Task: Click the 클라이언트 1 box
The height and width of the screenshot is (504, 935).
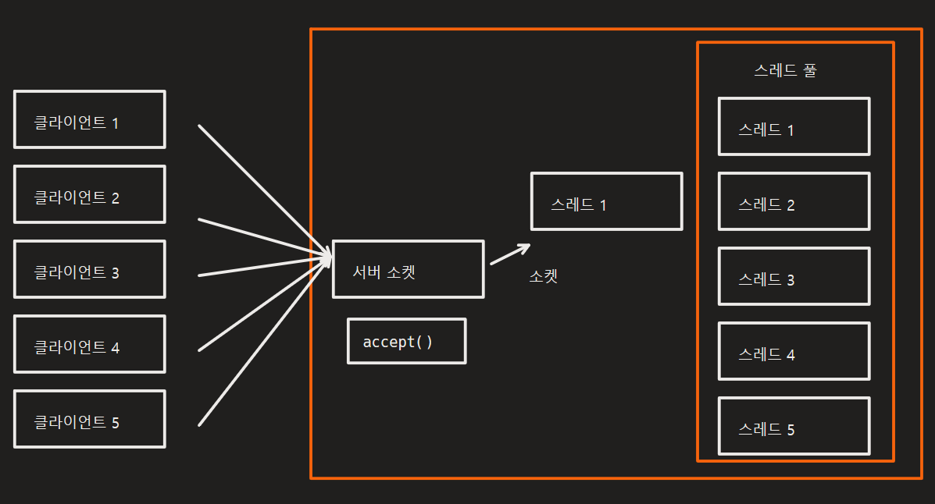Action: point(89,119)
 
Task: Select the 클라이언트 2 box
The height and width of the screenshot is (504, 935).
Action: point(89,194)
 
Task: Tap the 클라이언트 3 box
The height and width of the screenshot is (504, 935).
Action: point(89,269)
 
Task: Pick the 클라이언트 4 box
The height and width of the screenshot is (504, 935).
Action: point(89,344)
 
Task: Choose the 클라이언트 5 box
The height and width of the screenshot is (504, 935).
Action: point(89,419)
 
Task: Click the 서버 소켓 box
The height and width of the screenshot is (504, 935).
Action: point(408,269)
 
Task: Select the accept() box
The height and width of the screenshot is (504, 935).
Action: point(406,341)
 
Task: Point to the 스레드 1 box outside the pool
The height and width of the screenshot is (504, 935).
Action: point(606,201)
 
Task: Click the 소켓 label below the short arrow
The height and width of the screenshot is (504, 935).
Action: point(544,276)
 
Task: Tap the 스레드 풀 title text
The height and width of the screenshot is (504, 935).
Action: point(786,70)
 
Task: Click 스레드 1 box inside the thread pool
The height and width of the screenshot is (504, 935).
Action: point(794,126)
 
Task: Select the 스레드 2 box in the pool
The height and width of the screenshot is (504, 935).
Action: point(794,201)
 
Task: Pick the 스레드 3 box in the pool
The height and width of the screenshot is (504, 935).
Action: point(794,276)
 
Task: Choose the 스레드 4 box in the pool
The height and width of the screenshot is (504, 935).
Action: point(794,351)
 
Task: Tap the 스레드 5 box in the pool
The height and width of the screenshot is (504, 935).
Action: point(794,426)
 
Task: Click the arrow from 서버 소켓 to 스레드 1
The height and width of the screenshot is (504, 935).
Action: point(509,255)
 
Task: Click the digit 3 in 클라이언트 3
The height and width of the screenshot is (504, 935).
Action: point(115,273)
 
